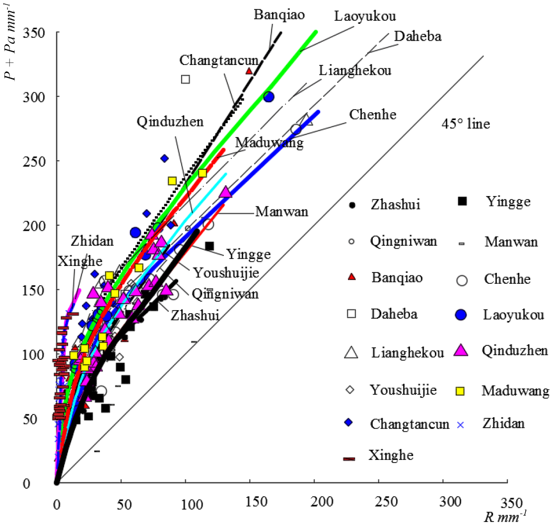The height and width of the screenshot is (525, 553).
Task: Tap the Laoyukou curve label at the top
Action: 365,16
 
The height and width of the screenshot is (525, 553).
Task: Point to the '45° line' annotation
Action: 466,124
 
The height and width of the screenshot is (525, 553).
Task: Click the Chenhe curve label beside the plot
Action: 372,115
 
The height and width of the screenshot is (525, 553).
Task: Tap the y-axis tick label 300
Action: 36,96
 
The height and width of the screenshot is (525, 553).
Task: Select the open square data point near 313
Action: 186,79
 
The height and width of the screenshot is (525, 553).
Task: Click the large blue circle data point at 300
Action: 269,97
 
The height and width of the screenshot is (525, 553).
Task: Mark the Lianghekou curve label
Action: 355,70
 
